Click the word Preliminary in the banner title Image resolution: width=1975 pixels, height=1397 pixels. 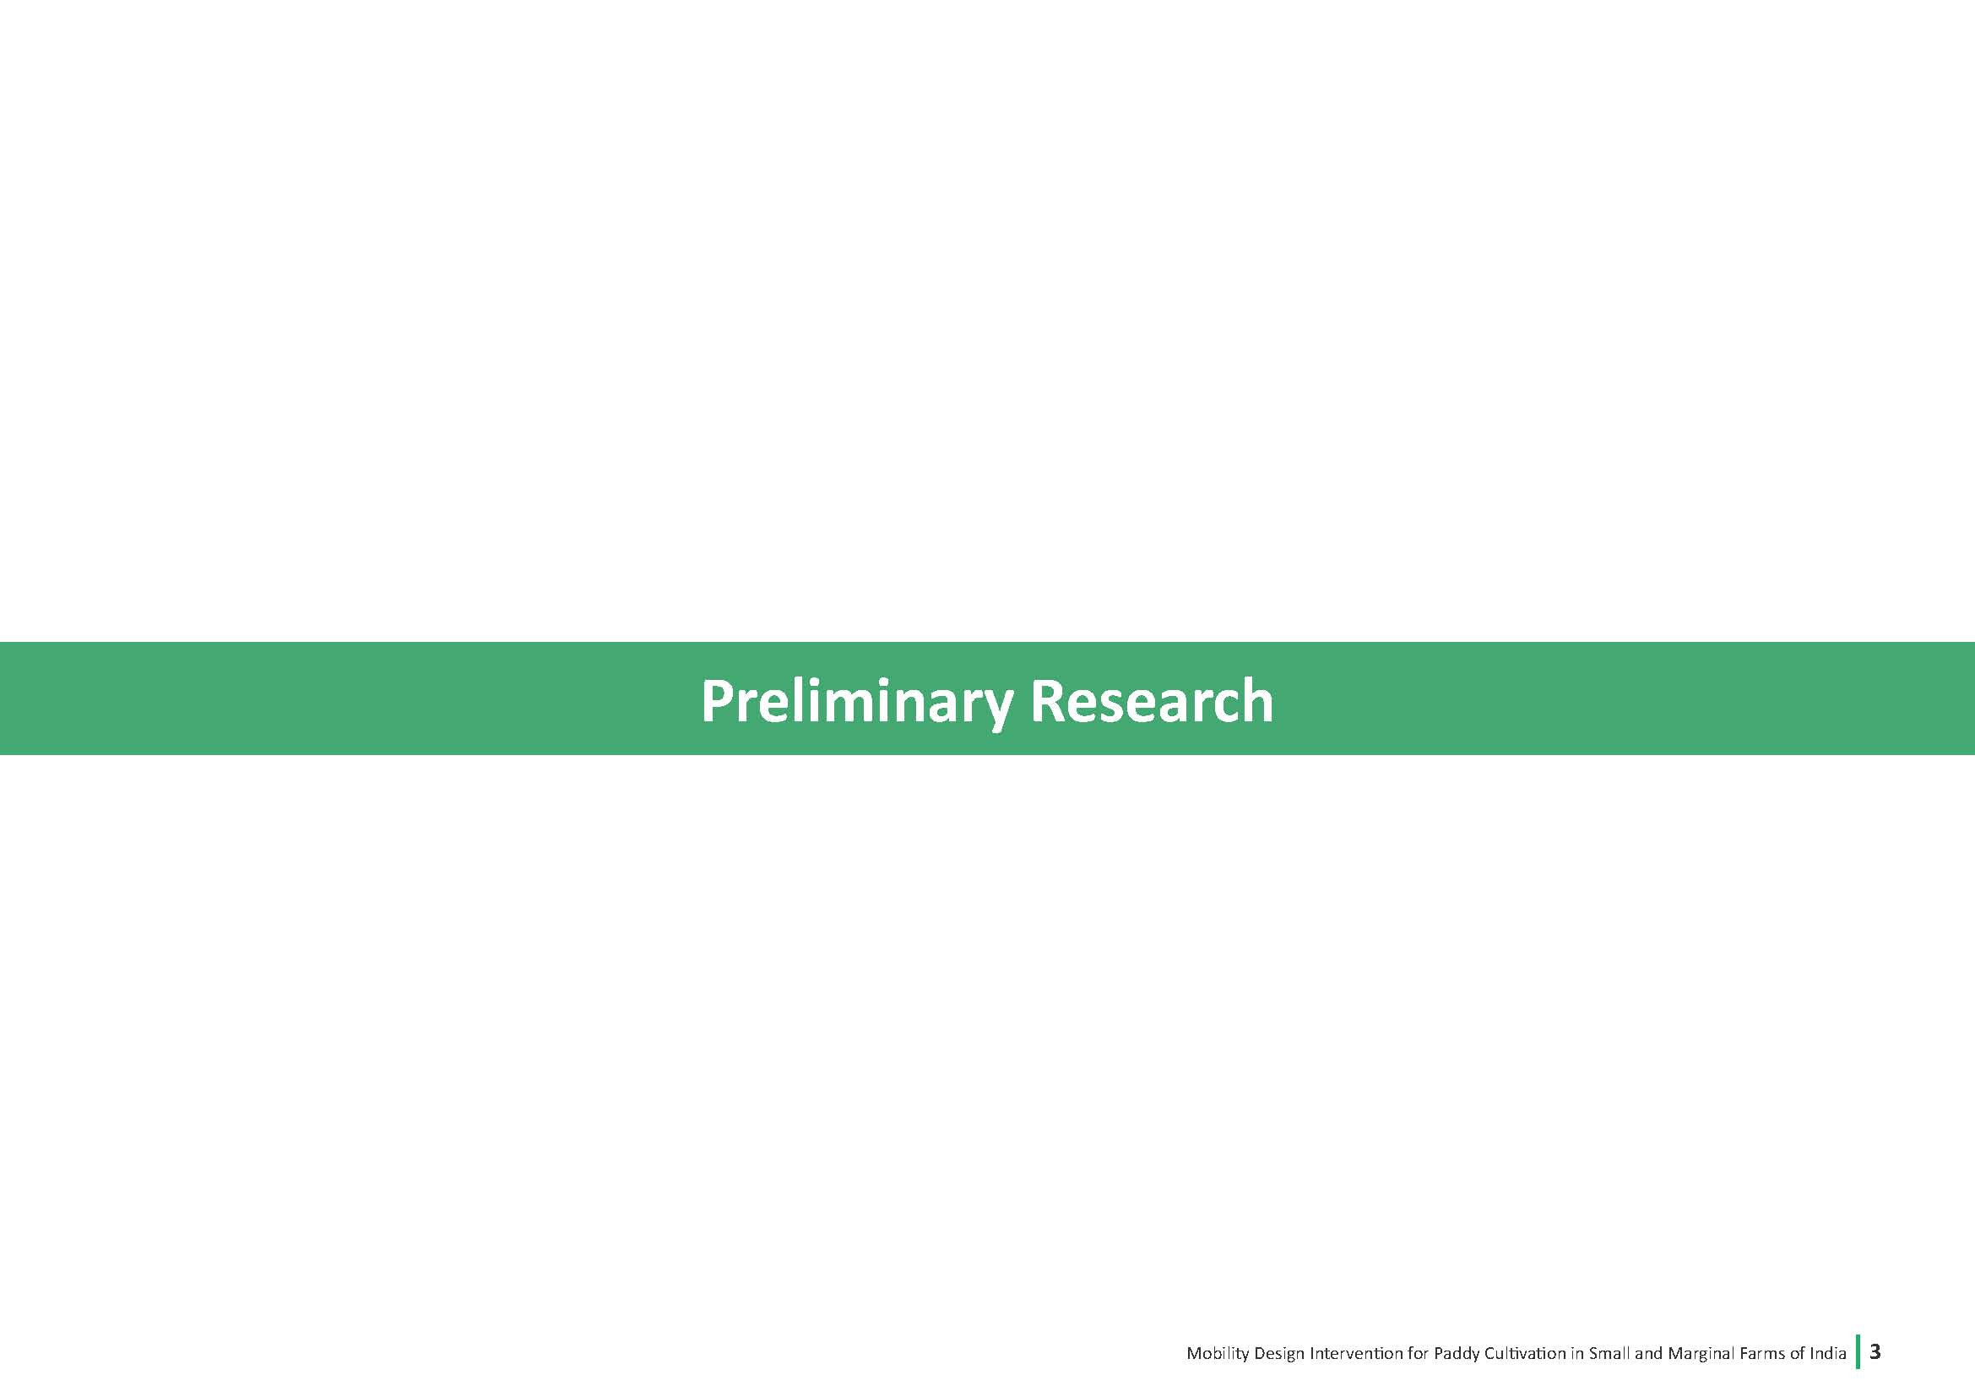[x=856, y=702]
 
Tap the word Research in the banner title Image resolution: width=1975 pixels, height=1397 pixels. [x=1152, y=700]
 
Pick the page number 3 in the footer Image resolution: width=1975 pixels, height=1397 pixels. [x=1875, y=1351]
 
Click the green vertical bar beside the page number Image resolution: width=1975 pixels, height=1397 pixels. [x=1858, y=1351]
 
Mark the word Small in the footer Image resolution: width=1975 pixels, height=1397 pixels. [x=1610, y=1353]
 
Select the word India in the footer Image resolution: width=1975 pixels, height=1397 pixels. [x=1829, y=1353]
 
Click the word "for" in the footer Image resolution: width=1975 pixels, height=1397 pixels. [x=1419, y=1353]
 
